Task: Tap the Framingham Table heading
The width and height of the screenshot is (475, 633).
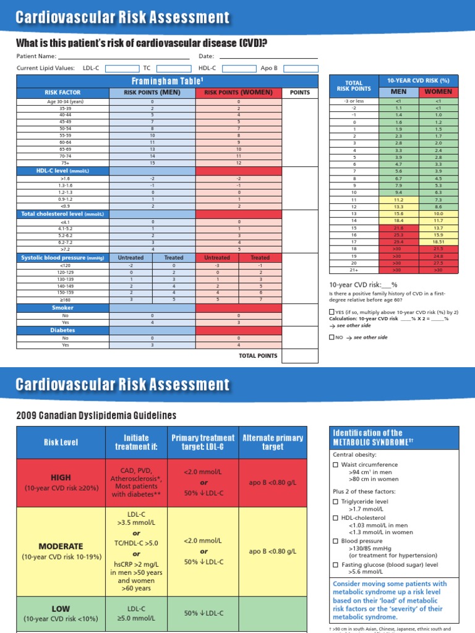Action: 168,81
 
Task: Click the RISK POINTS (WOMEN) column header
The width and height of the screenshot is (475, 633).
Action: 239,92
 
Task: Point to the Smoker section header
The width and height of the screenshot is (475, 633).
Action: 63,307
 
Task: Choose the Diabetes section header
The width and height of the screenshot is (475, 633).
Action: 63,330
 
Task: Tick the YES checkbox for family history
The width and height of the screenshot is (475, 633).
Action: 332,312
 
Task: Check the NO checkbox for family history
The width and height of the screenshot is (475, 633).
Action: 332,338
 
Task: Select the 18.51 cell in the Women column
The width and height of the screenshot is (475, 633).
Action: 438,242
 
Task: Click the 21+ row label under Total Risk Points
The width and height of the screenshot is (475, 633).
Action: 354,270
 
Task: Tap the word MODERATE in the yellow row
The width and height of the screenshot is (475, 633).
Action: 61,546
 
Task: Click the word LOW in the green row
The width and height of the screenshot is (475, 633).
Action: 61,608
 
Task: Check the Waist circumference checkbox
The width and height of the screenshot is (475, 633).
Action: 336,465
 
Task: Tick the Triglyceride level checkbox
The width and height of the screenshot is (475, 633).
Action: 336,502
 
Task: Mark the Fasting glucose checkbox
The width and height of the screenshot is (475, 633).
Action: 336,564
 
